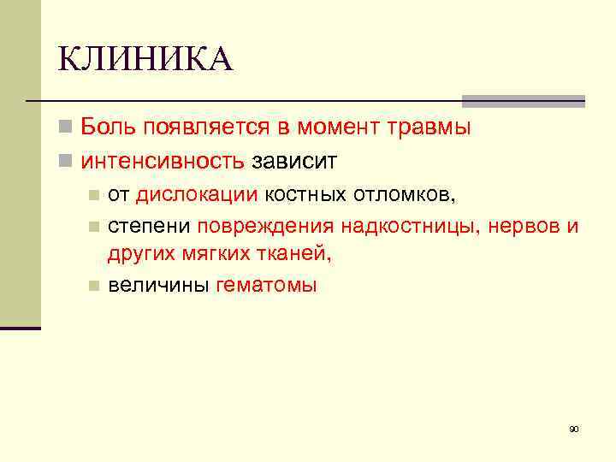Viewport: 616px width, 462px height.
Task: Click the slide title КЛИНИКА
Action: tap(145, 60)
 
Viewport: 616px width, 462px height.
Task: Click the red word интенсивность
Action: tap(163, 161)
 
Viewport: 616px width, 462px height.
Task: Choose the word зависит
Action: tap(294, 161)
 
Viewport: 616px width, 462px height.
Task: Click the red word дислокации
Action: tap(197, 194)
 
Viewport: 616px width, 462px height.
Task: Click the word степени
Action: tap(149, 227)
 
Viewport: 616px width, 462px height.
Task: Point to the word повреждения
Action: tap(266, 227)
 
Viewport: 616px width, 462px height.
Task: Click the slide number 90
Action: tap(574, 429)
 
